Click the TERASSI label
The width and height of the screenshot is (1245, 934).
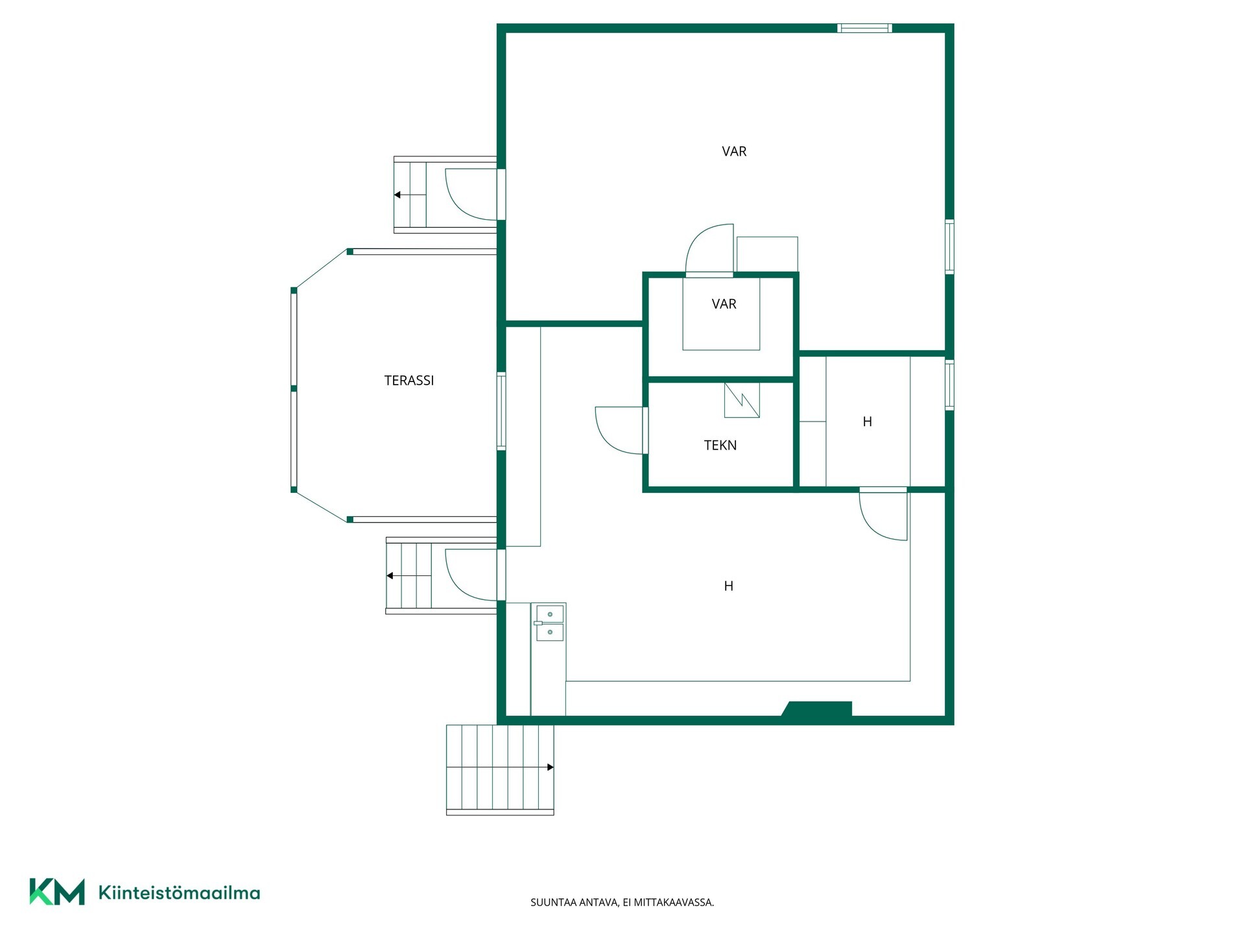409,381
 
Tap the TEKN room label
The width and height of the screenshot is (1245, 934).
720,446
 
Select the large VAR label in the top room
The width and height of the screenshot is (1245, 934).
734,152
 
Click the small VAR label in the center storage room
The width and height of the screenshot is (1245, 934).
724,304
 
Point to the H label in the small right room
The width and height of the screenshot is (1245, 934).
867,422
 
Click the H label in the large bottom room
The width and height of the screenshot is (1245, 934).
728,586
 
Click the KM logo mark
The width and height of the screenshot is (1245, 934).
57,892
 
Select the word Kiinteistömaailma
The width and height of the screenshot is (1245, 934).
179,892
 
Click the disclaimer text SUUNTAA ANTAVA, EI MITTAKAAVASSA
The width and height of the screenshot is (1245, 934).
622,902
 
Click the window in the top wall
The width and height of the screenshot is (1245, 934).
864,28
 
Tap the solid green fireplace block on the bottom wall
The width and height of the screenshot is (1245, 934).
817,709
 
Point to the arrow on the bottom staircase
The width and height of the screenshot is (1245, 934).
500,767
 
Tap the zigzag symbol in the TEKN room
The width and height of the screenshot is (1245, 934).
742,400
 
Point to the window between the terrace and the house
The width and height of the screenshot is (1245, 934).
501,411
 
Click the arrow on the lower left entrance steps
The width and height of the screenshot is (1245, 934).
409,576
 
